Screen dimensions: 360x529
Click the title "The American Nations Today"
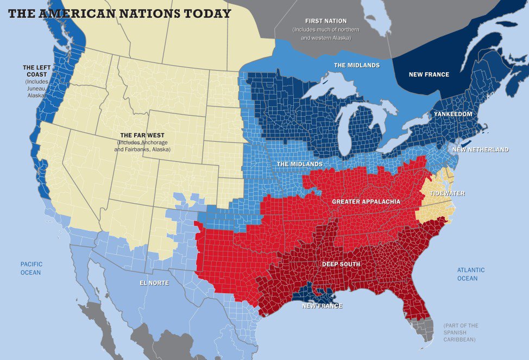click(x=119, y=14)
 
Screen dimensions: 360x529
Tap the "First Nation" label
click(x=326, y=20)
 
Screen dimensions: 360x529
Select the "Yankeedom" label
click(x=452, y=114)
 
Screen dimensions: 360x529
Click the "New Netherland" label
click(x=481, y=149)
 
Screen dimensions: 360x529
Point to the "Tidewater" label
click(x=443, y=193)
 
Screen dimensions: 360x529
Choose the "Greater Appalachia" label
click(x=366, y=201)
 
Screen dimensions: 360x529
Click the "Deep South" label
click(x=341, y=264)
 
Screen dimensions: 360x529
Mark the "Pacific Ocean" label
click(x=31, y=268)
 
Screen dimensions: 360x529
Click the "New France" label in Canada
click(x=429, y=74)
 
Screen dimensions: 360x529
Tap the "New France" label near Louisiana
click(x=322, y=306)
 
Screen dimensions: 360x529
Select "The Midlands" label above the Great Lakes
click(x=356, y=65)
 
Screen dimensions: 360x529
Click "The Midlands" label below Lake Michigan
click(x=300, y=164)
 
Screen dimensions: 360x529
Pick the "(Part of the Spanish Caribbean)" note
click(x=461, y=332)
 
